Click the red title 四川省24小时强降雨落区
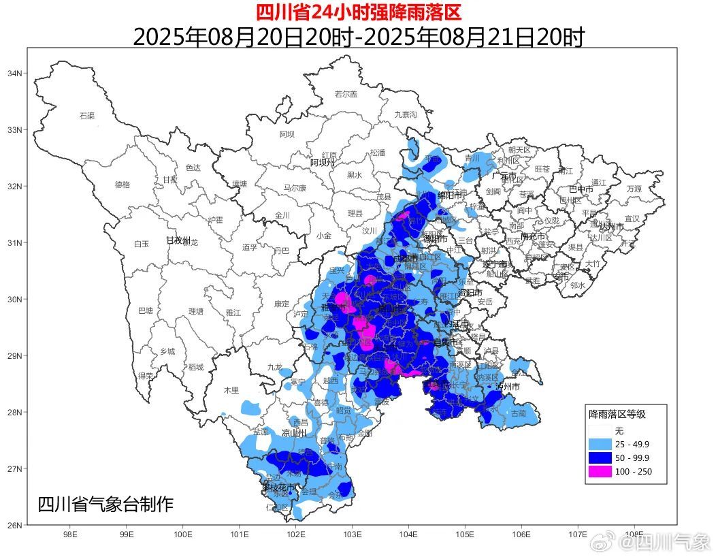359,12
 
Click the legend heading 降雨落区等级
617,413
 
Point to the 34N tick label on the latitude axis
14,74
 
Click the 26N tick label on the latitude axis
14,525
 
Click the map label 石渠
86,116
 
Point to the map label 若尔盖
346,94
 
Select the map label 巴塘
146,311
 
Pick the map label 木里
231,390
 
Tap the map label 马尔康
295,188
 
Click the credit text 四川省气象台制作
105,505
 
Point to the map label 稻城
196,367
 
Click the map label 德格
123,185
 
